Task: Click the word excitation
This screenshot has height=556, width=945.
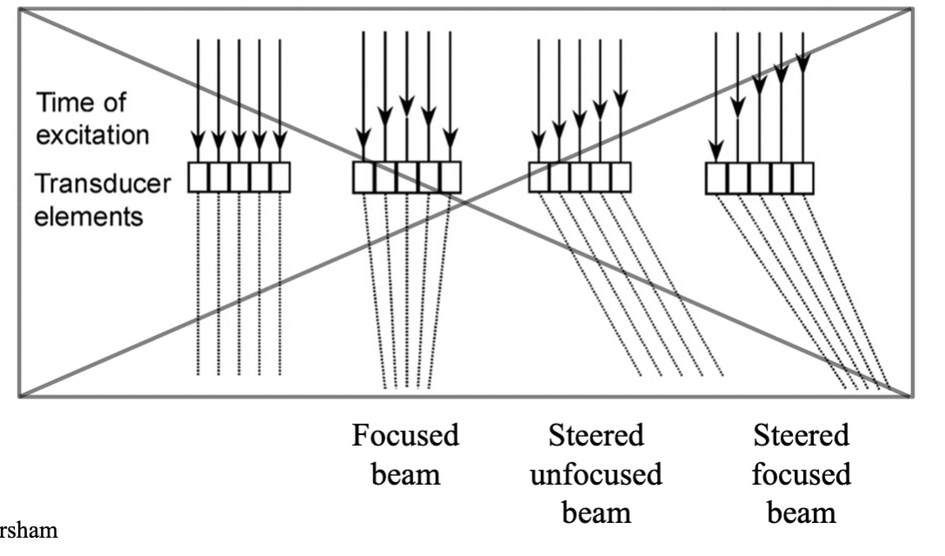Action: (92, 135)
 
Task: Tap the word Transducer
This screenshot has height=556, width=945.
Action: (102, 183)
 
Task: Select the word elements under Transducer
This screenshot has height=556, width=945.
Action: (89, 216)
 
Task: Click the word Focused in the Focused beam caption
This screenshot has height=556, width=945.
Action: (405, 435)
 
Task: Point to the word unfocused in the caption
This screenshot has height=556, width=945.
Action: (596, 474)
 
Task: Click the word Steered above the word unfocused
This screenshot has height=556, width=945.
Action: (596, 435)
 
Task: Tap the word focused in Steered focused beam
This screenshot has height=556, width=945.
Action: (801, 474)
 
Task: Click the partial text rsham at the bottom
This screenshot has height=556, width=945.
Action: (29, 531)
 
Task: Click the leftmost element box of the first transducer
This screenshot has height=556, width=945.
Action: (198, 177)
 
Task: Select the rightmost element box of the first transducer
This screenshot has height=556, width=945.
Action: (281, 177)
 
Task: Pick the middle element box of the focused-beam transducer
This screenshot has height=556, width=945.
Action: (406, 177)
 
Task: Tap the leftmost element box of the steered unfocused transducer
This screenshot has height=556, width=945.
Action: (539, 177)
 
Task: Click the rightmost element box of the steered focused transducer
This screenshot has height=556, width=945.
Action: (803, 178)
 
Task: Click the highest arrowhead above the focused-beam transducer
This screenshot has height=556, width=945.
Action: (406, 105)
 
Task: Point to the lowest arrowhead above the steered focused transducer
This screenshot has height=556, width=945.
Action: (716, 151)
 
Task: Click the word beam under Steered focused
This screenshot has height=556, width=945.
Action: (802, 513)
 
